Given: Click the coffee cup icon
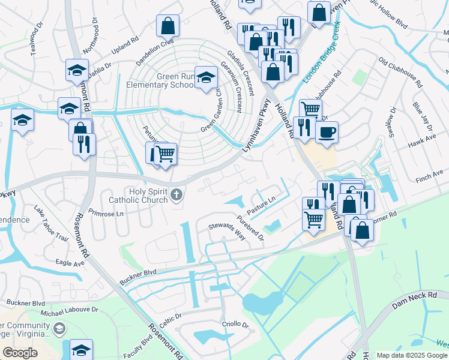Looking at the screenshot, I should pyautogui.click(x=327, y=132).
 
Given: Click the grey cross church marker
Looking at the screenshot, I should pyautogui.click(x=176, y=194).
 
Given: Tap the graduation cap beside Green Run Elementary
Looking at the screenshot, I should pyautogui.click(x=206, y=77).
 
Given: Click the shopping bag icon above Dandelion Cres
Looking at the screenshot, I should pyautogui.click(x=168, y=26).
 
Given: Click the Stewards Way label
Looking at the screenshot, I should pyautogui.click(x=227, y=231).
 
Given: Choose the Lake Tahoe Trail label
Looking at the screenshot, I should pyautogui.click(x=51, y=221).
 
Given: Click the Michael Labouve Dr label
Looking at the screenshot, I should pyautogui.click(x=69, y=311).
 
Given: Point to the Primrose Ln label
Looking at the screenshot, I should pyautogui.click(x=105, y=213).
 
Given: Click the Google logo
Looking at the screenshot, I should pyautogui.click(x=20, y=352).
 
